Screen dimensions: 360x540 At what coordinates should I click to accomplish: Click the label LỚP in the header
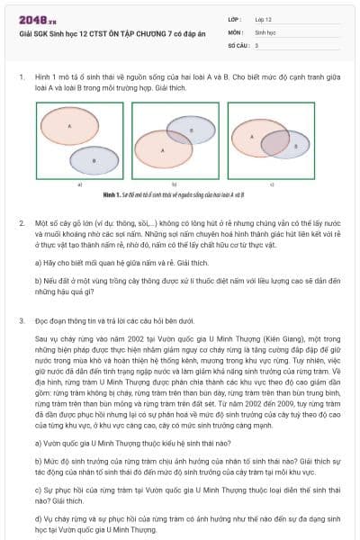[x=235, y=18]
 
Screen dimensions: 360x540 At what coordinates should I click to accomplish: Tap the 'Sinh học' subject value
[x=267, y=31]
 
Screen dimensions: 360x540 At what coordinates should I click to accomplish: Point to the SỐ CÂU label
[x=238, y=44]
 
